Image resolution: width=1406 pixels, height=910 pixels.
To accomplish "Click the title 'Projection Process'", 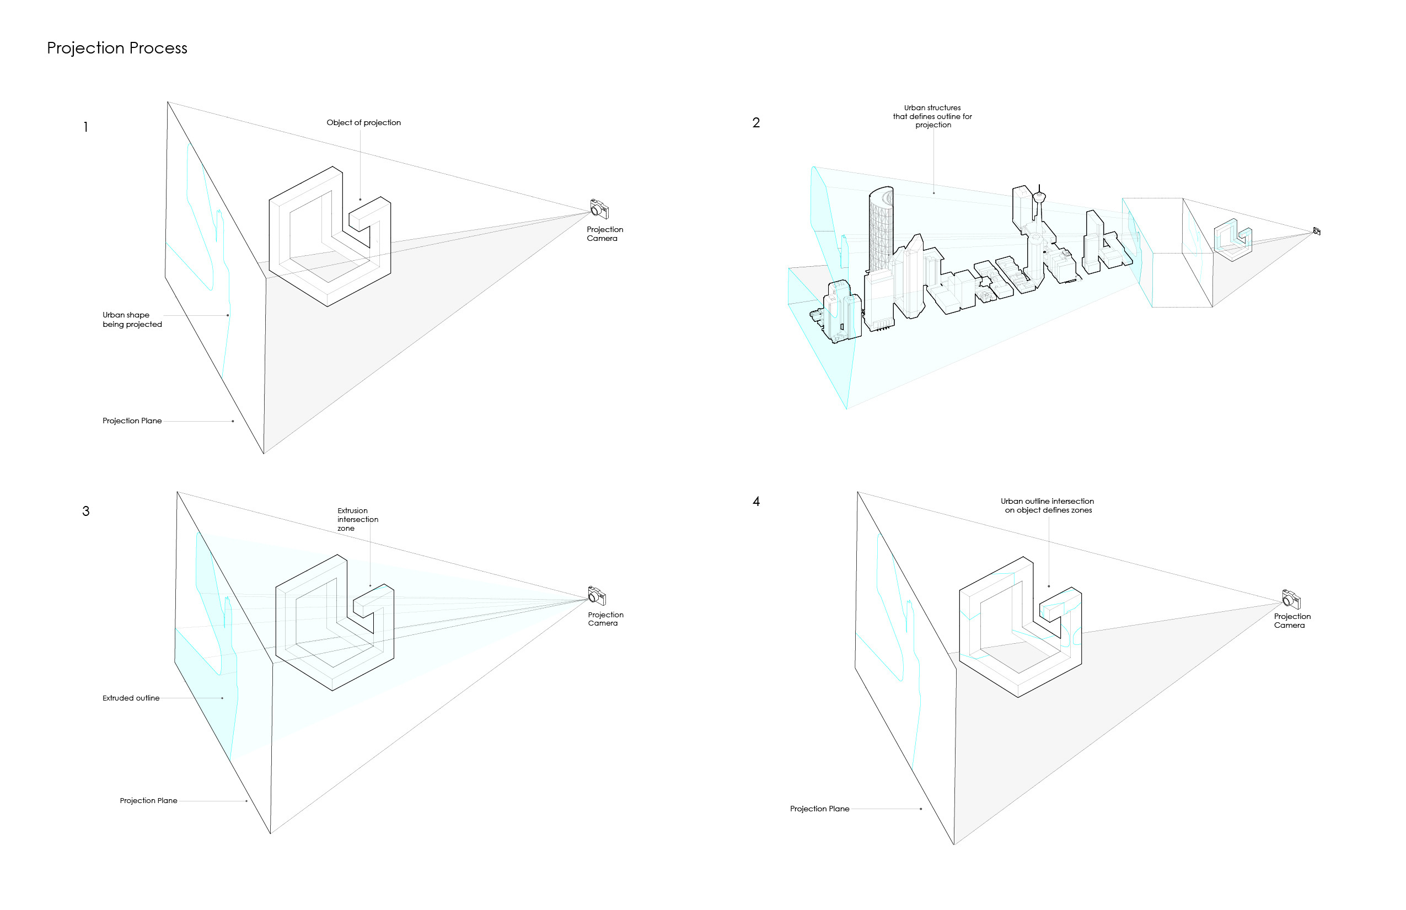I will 117,48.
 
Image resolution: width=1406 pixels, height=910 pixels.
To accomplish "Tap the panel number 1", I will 85,127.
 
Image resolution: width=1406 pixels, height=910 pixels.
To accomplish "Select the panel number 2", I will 755,123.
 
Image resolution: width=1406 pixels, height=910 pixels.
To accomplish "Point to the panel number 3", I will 85,511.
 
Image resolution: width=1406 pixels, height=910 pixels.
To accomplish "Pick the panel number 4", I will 755,502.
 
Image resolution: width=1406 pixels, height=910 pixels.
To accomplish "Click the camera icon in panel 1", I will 598,208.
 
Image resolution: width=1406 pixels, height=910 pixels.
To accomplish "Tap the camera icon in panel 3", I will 597,595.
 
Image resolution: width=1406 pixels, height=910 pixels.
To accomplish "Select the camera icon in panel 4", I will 1291,599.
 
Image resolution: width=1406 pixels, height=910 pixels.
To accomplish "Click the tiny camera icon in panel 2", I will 1316,231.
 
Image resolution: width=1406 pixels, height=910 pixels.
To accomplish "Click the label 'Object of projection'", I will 363,123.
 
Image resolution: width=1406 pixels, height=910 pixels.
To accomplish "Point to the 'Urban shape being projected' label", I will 132,320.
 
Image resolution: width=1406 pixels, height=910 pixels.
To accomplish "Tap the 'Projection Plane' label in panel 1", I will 132,421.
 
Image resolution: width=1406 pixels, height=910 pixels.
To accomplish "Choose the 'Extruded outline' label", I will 131,698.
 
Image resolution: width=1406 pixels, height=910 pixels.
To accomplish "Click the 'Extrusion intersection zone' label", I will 357,519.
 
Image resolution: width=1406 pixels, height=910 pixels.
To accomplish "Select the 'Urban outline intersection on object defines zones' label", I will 1048,505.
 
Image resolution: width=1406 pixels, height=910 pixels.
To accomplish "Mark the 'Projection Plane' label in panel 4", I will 819,809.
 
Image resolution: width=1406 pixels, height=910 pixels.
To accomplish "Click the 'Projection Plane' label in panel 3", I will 148,801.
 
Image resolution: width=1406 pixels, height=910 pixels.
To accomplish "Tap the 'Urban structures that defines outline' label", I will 932,116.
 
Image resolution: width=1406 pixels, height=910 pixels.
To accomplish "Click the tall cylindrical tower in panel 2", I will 880,230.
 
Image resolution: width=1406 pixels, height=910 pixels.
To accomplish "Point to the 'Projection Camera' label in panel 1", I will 604,234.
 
